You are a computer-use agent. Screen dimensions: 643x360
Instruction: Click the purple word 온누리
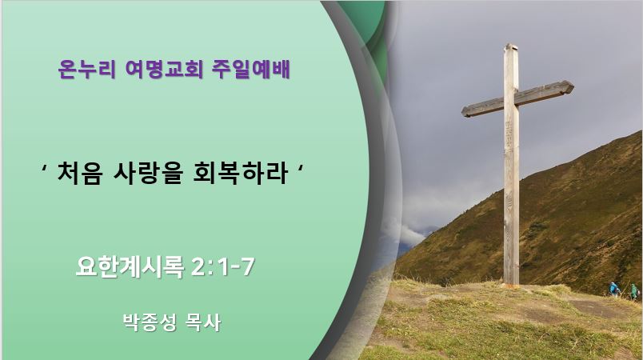coord(86,69)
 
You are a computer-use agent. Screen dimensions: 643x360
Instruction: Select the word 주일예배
coord(251,69)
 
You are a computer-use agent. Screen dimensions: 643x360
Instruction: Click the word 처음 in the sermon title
coord(79,173)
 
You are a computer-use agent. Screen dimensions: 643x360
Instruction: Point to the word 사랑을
coord(147,173)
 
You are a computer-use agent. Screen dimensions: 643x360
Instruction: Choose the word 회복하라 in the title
coord(239,173)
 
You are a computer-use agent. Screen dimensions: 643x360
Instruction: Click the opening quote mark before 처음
coord(44,168)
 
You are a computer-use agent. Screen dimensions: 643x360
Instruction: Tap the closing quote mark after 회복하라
coord(301,168)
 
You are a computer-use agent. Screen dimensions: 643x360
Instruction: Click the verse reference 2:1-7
coord(223,267)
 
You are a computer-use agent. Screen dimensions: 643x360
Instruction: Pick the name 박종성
coord(150,322)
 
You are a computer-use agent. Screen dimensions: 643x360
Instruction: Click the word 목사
coord(203,322)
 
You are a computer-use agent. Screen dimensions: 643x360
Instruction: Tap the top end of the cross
coord(510,45)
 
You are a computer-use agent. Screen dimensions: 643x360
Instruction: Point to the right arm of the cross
coord(545,92)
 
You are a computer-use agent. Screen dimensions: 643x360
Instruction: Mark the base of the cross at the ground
coord(511,282)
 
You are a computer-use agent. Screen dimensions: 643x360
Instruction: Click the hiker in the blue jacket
coord(614,289)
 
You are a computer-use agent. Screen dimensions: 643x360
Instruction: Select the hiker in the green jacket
coord(634,291)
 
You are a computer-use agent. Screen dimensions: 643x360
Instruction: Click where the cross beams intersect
coord(511,100)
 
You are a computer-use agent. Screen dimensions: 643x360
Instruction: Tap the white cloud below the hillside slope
coord(410,234)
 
